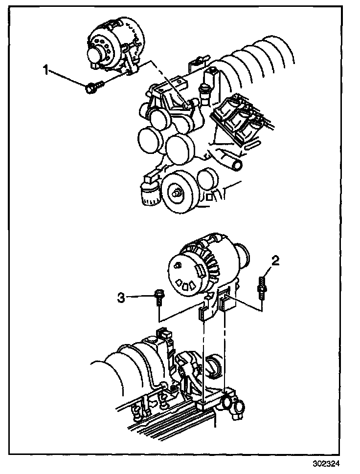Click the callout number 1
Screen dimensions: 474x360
coord(46,71)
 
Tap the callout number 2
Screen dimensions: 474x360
coord(275,261)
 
